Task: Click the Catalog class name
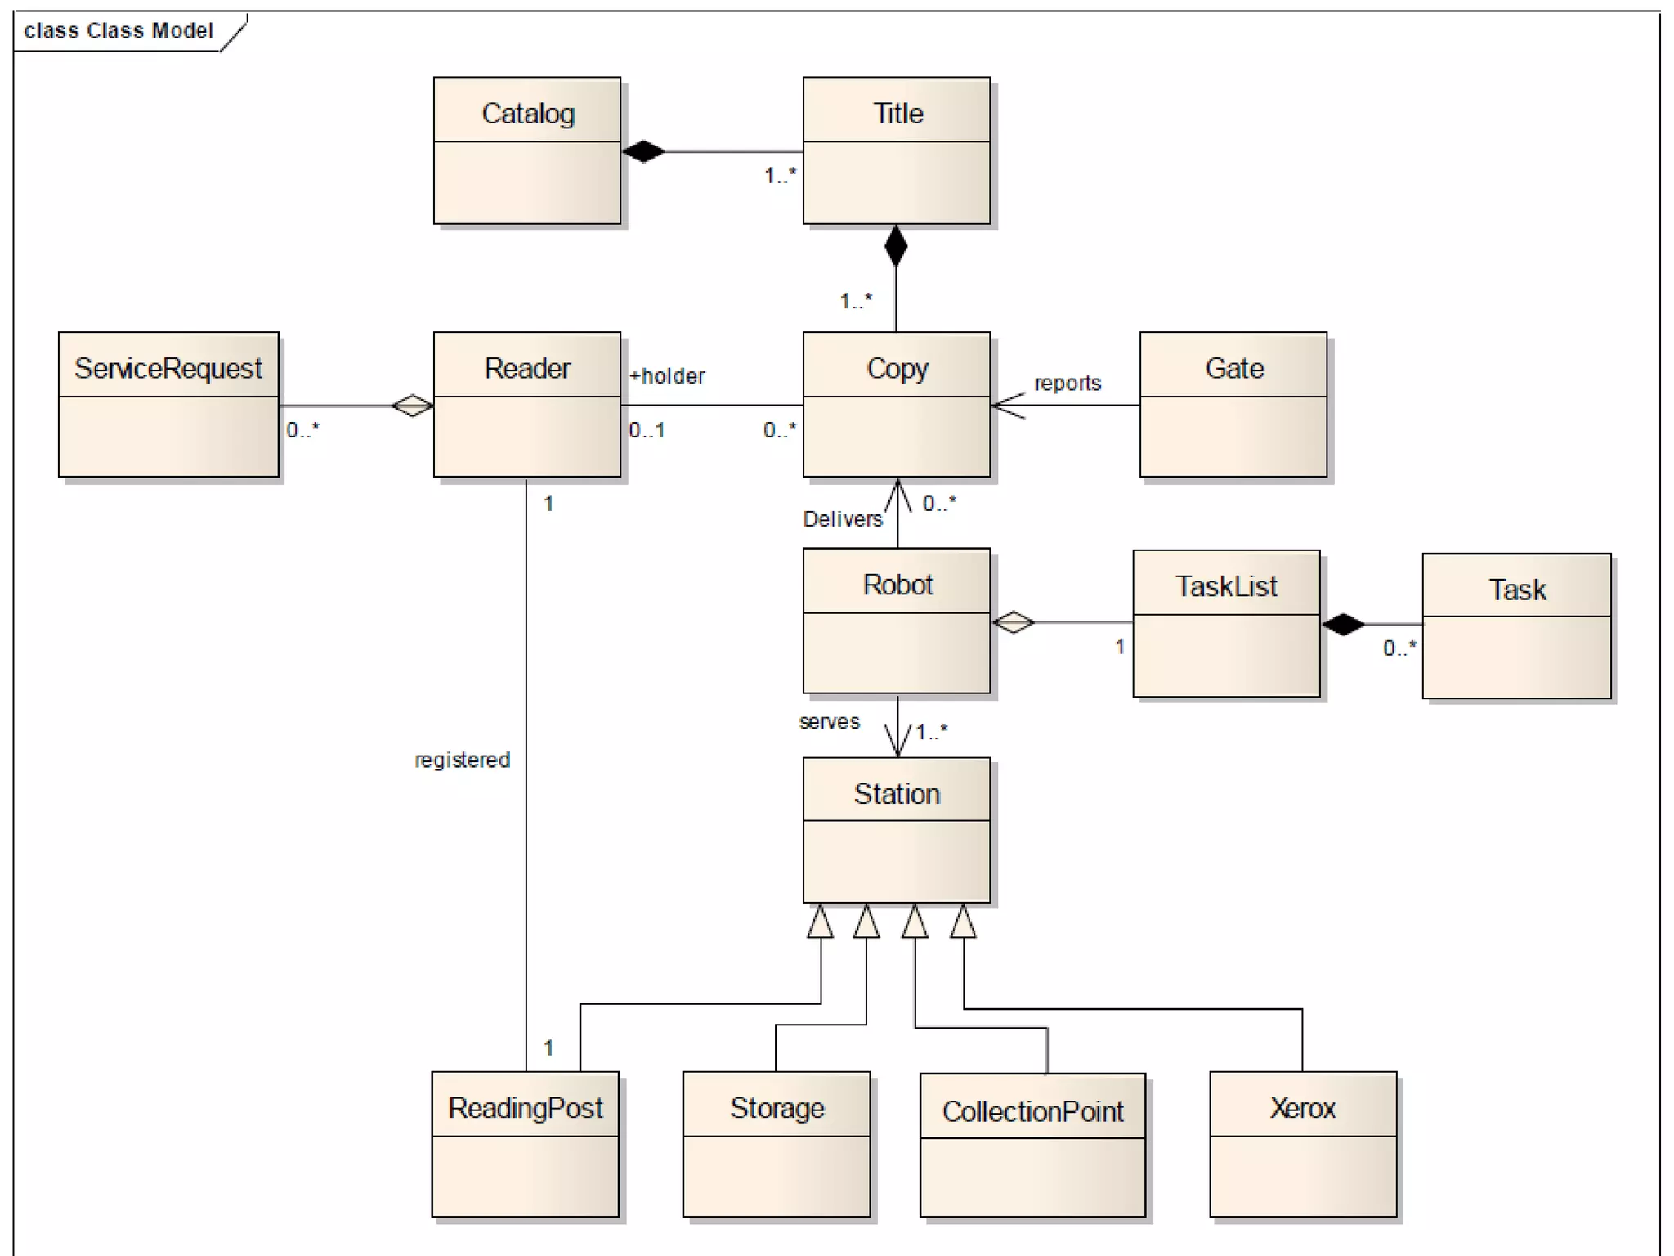tap(527, 114)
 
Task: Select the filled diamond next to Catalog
tap(643, 151)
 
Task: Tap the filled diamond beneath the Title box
tap(896, 245)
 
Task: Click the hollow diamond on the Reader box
tap(412, 405)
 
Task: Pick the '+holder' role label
tap(667, 376)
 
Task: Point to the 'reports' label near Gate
tap(1068, 383)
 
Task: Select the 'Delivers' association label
tap(843, 519)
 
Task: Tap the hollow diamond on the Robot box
tap(1014, 622)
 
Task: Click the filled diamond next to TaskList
tap(1343, 625)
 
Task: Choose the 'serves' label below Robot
tap(829, 722)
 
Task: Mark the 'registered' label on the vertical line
tap(462, 760)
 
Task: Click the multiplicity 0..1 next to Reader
tap(647, 430)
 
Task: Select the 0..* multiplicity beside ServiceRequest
tap(302, 430)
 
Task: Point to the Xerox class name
tap(1302, 1108)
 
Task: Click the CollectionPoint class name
tap(1032, 1111)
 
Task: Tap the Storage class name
tap(777, 1108)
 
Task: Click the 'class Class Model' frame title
tap(119, 31)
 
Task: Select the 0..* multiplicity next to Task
tap(1399, 648)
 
